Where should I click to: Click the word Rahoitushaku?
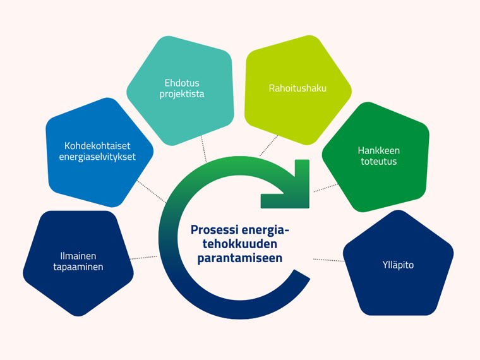click(x=297, y=88)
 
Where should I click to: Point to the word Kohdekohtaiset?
click(x=97, y=145)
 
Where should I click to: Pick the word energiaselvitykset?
click(x=97, y=157)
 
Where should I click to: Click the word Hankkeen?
click(x=379, y=150)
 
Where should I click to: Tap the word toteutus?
click(x=380, y=162)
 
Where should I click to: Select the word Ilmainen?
click(x=78, y=256)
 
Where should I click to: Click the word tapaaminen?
click(x=78, y=267)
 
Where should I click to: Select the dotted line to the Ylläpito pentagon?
click(x=328, y=260)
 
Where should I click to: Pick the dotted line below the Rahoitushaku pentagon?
click(x=269, y=145)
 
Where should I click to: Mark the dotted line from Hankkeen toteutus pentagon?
click(x=326, y=188)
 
